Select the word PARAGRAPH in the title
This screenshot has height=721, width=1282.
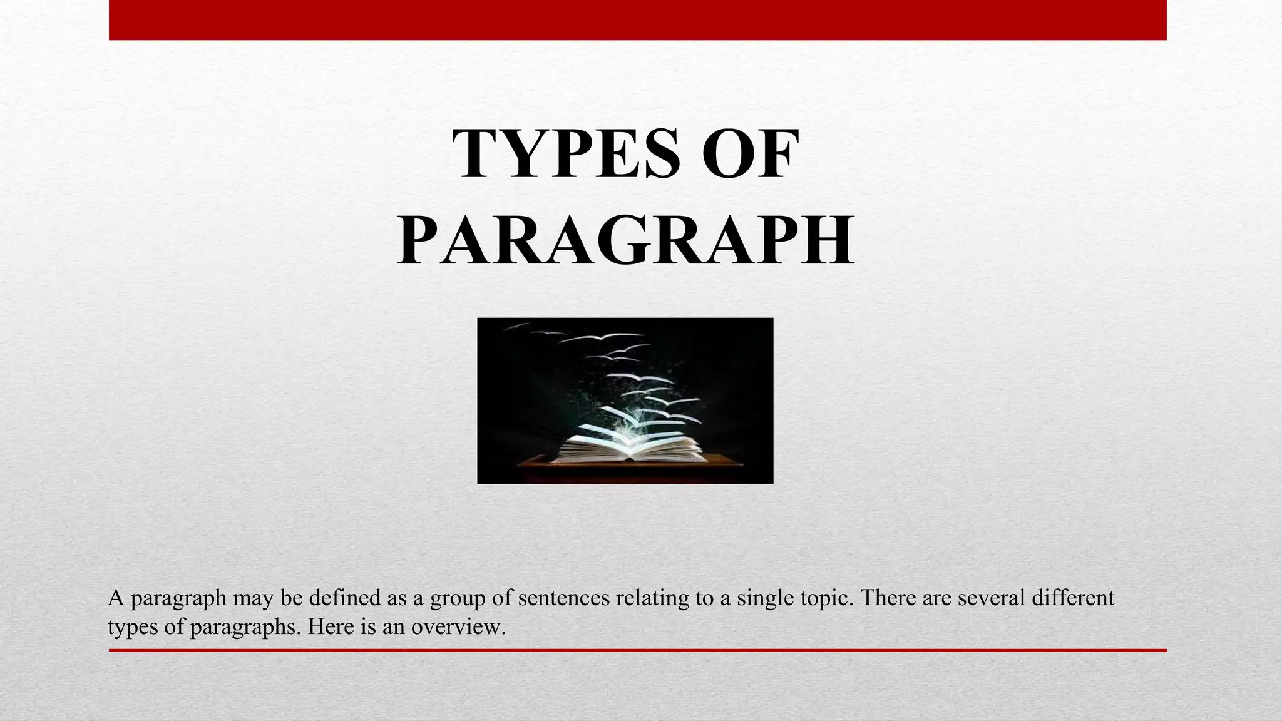coord(625,241)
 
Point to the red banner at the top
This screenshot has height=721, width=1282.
coord(637,20)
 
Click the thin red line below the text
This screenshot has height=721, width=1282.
coord(637,650)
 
